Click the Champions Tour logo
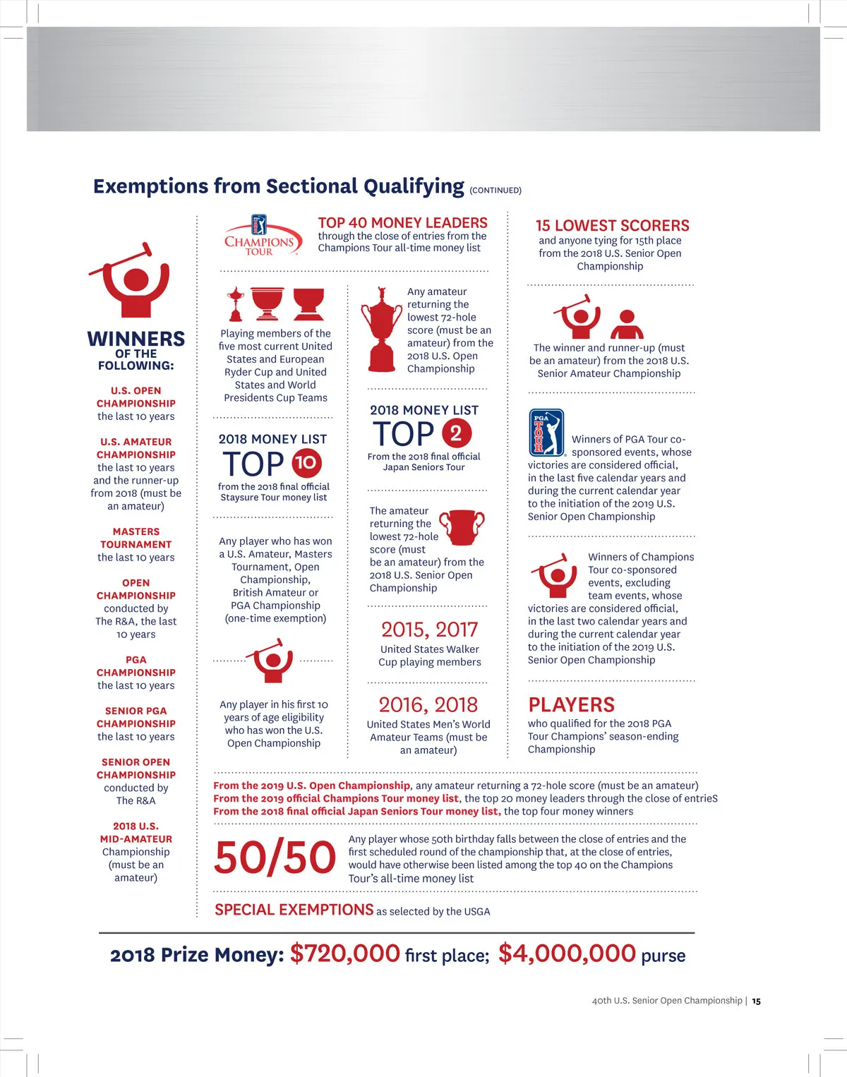pos(260,236)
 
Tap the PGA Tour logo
pos(546,433)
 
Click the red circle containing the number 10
pos(306,463)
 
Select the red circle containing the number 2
pos(456,433)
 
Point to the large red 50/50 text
pos(275,858)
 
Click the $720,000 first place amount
pos(345,953)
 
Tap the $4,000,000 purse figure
pos(567,953)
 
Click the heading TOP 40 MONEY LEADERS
pos(402,223)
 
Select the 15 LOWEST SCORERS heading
pos(612,226)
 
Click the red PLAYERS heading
pos(571,705)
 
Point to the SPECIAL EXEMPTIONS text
pos(294,910)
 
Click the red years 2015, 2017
pos(429,630)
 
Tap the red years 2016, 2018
pos(428,704)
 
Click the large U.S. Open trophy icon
pos(381,329)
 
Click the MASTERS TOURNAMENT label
pos(136,538)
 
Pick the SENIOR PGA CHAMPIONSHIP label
pos(136,717)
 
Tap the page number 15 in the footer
pos(756,1001)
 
